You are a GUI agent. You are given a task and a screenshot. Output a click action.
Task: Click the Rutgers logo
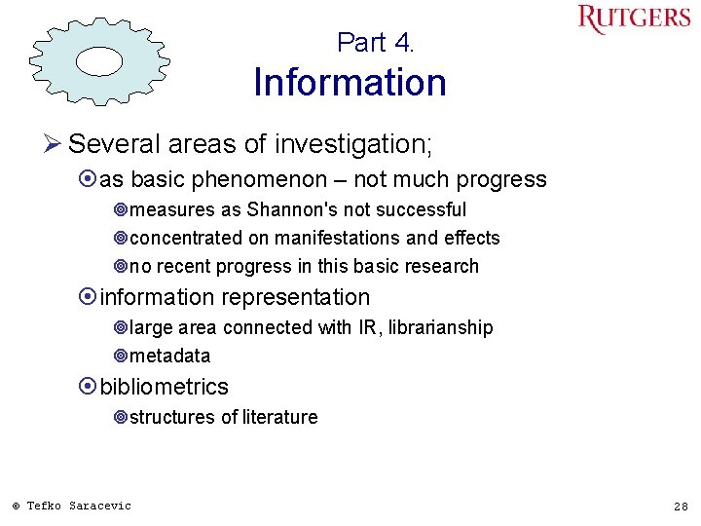[x=634, y=19]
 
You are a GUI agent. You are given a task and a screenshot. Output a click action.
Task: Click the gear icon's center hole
[x=99, y=60]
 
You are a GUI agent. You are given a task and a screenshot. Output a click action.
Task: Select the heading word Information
[x=350, y=83]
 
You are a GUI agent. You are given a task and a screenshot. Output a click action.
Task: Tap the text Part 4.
[x=376, y=43]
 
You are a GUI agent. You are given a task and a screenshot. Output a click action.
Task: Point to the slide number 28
[x=681, y=506]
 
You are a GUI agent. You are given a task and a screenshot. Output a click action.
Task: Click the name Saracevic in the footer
[x=100, y=506]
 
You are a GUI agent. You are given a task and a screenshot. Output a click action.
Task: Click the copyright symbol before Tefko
[x=16, y=506]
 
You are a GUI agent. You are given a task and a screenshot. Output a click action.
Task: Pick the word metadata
[x=169, y=356]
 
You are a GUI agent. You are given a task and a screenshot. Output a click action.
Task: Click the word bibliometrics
[x=165, y=386]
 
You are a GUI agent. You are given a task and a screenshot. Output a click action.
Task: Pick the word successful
[x=423, y=209]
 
